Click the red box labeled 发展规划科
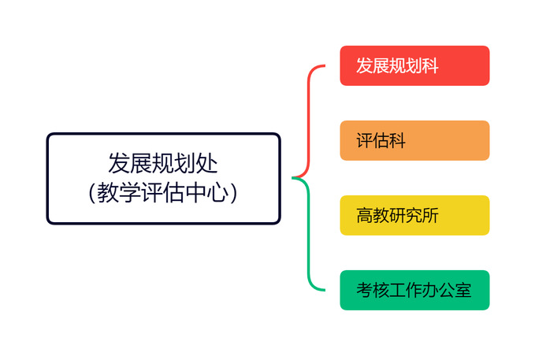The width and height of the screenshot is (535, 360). click(414, 65)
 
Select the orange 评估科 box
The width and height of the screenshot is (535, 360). click(414, 140)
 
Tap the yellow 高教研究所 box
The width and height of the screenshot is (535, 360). click(414, 215)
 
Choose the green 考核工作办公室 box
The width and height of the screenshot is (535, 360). click(414, 290)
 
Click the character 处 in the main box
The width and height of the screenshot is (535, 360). click(206, 163)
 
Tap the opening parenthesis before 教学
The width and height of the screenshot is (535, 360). click(91, 193)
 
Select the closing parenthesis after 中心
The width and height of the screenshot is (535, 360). click(233, 193)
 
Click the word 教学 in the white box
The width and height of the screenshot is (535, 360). click(118, 192)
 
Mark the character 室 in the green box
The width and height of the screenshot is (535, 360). click(463, 291)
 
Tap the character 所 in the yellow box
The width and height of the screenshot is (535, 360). click(430, 216)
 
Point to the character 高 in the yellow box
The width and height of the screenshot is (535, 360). click(365, 216)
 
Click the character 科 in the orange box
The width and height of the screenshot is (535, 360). click(397, 140)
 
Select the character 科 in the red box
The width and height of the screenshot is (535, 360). click(430, 66)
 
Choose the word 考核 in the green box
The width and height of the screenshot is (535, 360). click(373, 291)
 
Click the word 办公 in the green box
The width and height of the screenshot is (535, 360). click(438, 291)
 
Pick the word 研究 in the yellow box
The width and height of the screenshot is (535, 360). click(406, 216)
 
